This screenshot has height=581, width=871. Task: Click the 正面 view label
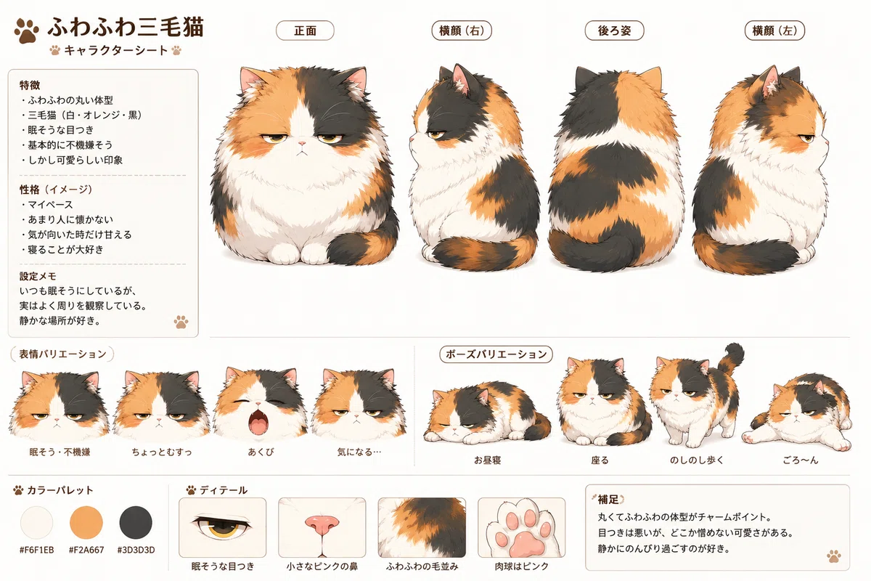pos(305,31)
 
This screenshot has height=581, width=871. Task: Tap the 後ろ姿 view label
pos(614,31)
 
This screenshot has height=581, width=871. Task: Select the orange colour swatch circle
pos(86,522)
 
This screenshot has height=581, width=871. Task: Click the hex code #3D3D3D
pos(136,550)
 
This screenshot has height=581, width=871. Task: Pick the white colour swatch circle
pos(36,522)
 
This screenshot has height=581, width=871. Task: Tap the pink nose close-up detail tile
pos(322,527)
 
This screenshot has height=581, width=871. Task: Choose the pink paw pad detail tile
pos(521,527)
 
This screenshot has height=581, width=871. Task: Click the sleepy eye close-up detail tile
pos(222,527)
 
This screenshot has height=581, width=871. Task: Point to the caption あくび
pos(261,452)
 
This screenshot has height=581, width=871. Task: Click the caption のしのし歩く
pos(696,460)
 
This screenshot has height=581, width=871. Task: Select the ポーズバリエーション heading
pos(496,354)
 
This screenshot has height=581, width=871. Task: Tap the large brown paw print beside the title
pos(26,31)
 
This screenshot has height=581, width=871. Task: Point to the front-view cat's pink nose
pos(302,144)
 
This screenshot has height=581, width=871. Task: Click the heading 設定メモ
pos(38,276)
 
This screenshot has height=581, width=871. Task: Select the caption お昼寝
pos(487,460)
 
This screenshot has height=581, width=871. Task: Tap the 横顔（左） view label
pos(774,31)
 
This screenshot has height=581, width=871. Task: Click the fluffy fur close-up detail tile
pos(422,527)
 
